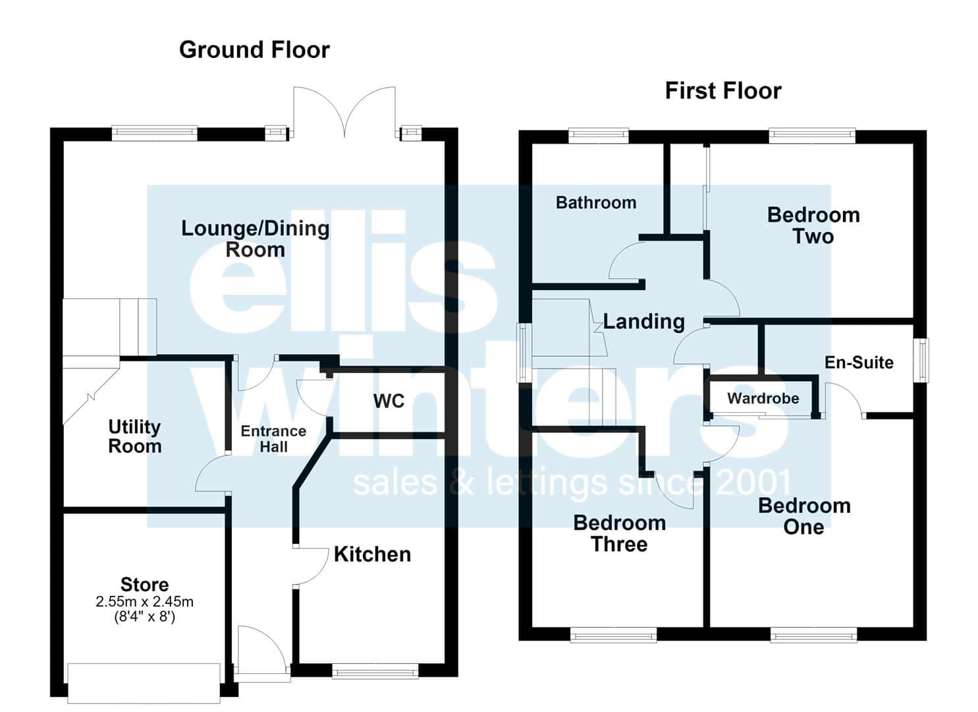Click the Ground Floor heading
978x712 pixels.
pyautogui.click(x=254, y=50)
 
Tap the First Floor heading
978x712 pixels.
pyautogui.click(x=723, y=91)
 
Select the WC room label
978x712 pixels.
pyautogui.click(x=389, y=401)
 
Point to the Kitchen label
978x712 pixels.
pyautogui.click(x=372, y=554)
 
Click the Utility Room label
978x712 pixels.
pyautogui.click(x=135, y=436)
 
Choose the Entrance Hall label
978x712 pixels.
pyautogui.click(x=273, y=439)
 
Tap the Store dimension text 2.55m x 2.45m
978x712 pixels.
pyautogui.click(x=144, y=602)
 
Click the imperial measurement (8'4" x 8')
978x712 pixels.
pyautogui.click(x=144, y=617)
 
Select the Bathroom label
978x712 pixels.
pyautogui.click(x=596, y=203)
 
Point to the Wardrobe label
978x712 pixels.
pyautogui.click(x=763, y=398)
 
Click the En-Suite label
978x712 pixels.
pyautogui.click(x=859, y=363)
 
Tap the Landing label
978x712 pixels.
pyautogui.click(x=644, y=322)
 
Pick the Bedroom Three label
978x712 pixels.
pyautogui.click(x=620, y=534)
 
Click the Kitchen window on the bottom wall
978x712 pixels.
pyautogui.click(x=375, y=671)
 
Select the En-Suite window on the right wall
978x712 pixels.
pyautogui.click(x=921, y=360)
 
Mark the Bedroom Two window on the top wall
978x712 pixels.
pyautogui.click(x=812, y=136)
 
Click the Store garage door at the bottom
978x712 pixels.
pyautogui.click(x=144, y=683)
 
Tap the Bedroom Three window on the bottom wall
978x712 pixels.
pyautogui.click(x=613, y=636)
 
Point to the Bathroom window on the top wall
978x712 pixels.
pyautogui.click(x=599, y=136)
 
